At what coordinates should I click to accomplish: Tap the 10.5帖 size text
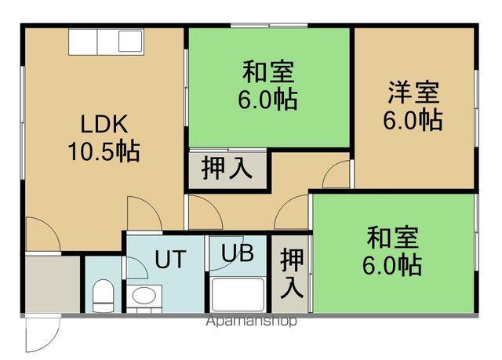(102, 150)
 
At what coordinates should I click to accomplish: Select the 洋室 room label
(413, 93)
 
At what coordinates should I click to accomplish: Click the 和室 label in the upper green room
(268, 73)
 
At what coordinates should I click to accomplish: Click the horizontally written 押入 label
(226, 169)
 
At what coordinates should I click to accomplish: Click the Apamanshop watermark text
(250, 322)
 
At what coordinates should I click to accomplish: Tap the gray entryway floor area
(52, 282)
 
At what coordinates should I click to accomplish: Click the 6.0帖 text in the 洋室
(413, 120)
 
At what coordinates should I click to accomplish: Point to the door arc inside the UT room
(136, 267)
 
